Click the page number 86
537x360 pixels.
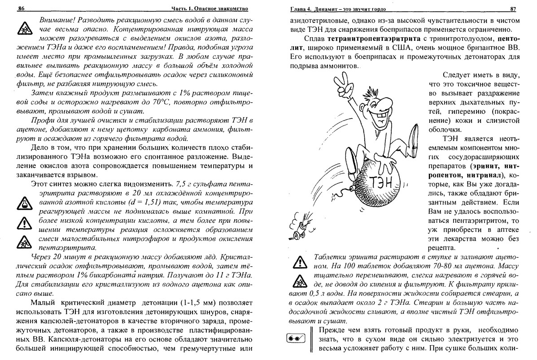pos(20,9)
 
